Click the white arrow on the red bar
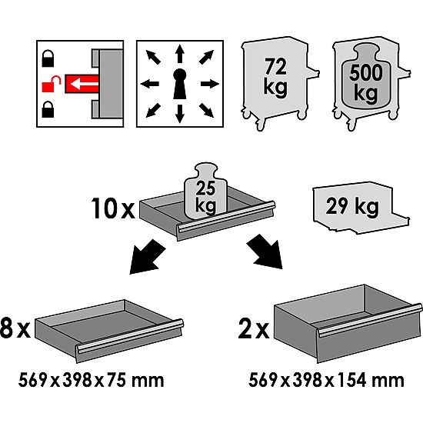[x=80, y=82]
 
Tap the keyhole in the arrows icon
[x=179, y=82]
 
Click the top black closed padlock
[x=49, y=57]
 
